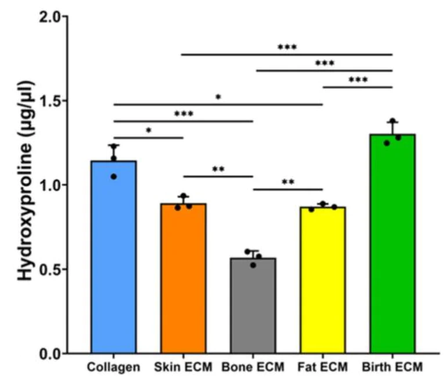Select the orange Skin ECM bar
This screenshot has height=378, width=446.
(x=183, y=278)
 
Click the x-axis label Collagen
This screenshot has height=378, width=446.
(x=113, y=367)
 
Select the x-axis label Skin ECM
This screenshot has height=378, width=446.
(x=183, y=367)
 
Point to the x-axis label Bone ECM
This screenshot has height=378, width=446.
(x=253, y=367)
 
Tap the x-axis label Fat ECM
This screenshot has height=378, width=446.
(x=322, y=367)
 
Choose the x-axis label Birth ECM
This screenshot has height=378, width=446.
(x=393, y=367)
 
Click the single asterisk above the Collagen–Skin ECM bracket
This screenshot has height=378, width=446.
(x=149, y=131)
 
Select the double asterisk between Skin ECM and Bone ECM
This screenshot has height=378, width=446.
(x=218, y=170)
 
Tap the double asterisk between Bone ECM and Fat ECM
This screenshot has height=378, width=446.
(x=287, y=183)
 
